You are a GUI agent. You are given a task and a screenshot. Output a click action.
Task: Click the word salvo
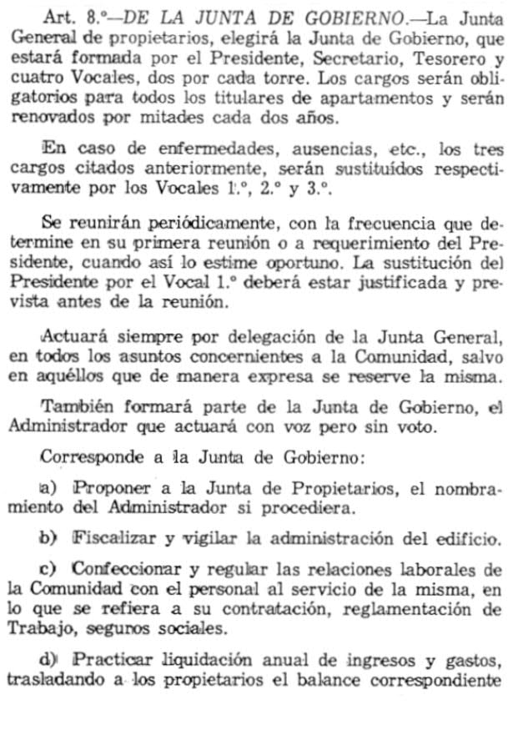coord(482,359)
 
